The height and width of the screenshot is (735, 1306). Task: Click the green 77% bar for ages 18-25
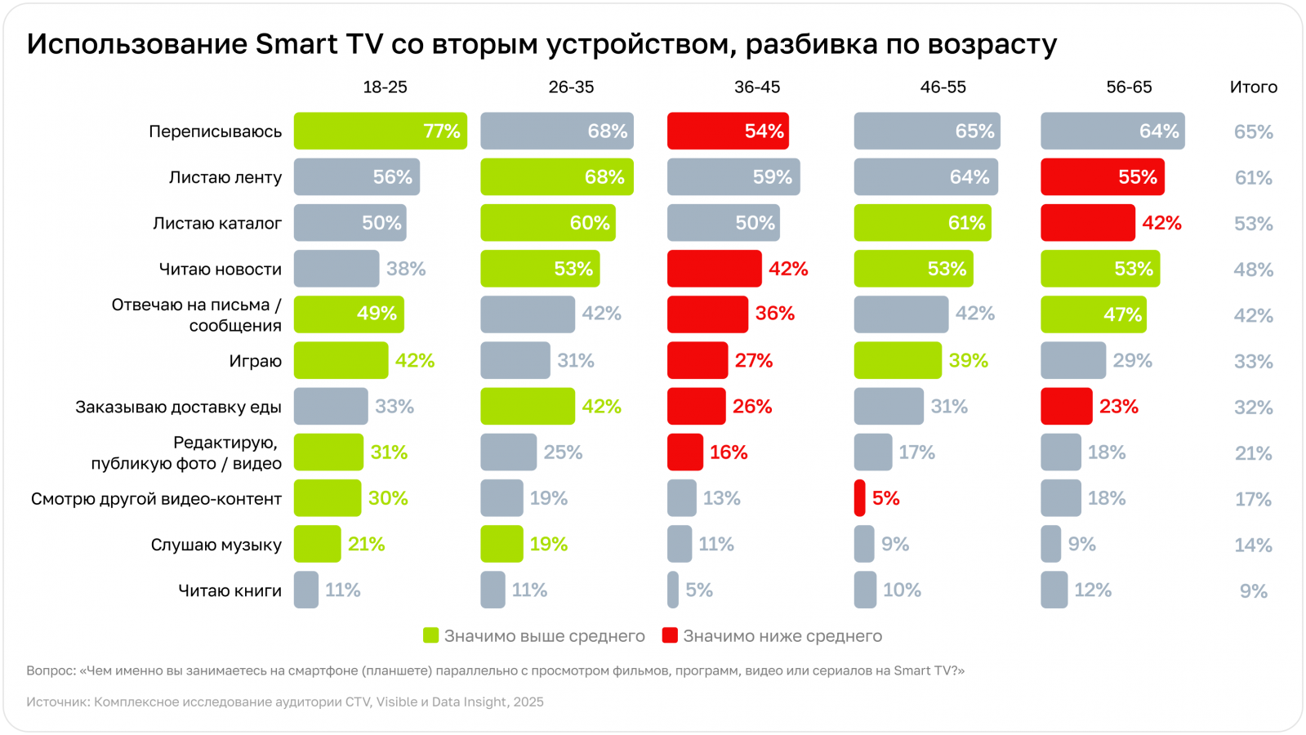click(x=380, y=131)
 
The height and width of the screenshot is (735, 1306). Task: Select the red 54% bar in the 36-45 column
click(x=727, y=131)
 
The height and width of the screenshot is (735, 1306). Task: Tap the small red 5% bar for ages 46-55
click(x=859, y=498)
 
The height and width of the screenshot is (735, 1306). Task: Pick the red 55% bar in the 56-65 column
click(x=1102, y=177)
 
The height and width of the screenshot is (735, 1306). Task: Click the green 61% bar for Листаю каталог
click(x=922, y=223)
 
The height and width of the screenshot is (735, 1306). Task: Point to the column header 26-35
click(x=571, y=87)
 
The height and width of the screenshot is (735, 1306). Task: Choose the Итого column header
click(x=1253, y=87)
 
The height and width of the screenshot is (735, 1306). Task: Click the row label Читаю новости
click(x=220, y=269)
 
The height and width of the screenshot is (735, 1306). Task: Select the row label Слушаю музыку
click(x=216, y=545)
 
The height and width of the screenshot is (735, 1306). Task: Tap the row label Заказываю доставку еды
click(x=178, y=407)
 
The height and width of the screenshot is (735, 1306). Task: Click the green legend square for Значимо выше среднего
click(x=430, y=635)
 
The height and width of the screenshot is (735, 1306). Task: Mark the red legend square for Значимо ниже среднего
click(x=670, y=635)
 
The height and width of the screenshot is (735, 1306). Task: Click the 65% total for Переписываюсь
click(x=1253, y=131)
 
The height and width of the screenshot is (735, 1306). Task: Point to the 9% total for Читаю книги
click(x=1253, y=591)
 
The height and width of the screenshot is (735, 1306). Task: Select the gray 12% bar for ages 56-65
click(x=1054, y=590)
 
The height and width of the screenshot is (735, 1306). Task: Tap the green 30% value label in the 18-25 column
click(x=388, y=498)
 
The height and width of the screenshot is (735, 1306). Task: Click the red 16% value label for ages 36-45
click(x=729, y=452)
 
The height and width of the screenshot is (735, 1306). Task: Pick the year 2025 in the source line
click(x=528, y=702)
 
